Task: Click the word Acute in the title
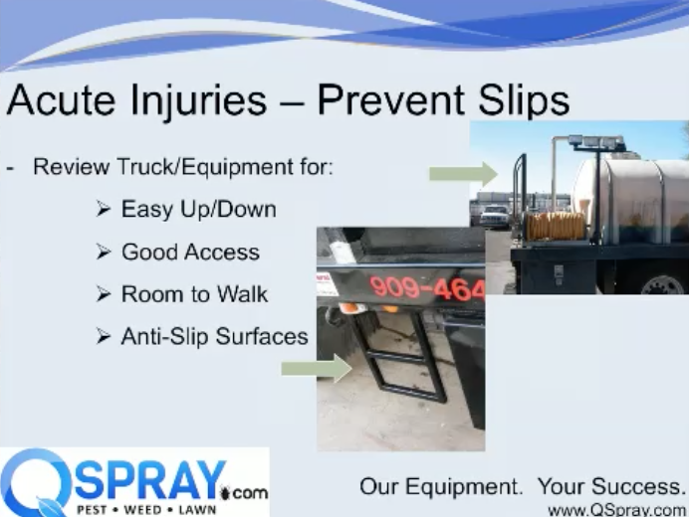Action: click(x=61, y=100)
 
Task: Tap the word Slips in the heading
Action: click(x=524, y=101)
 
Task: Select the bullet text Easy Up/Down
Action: click(x=198, y=210)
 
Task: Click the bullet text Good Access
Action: click(x=190, y=252)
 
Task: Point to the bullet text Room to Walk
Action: click(x=194, y=294)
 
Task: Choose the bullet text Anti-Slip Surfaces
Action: click(x=214, y=337)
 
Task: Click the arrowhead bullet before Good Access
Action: click(x=104, y=252)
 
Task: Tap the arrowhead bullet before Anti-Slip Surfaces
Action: click(x=104, y=337)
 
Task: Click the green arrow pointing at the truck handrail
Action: click(x=463, y=174)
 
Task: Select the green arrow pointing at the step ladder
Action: click(x=317, y=368)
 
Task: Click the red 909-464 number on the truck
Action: click(x=427, y=289)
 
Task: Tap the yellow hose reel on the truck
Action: click(x=555, y=226)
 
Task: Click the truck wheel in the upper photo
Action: click(x=663, y=284)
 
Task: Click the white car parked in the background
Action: click(x=494, y=216)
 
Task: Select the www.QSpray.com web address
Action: click(x=617, y=510)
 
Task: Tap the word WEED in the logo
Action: click(x=141, y=510)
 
